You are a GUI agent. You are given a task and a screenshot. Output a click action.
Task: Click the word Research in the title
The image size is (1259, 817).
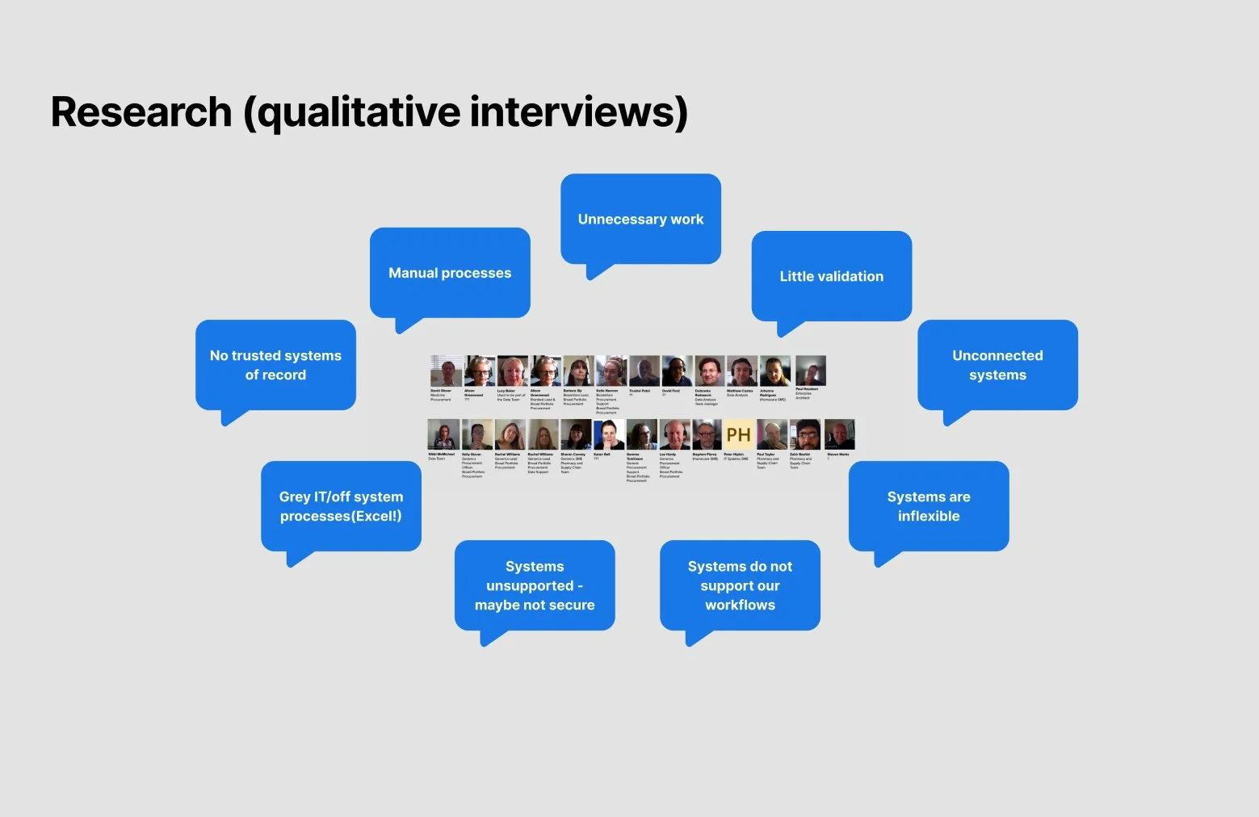[x=141, y=111]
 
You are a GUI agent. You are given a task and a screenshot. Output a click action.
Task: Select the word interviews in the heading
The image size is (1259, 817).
[x=578, y=111]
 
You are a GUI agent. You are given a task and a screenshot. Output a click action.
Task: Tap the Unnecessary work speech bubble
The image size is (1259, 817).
[x=640, y=219]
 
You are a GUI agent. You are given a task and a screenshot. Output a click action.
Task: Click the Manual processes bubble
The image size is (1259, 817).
[x=450, y=273]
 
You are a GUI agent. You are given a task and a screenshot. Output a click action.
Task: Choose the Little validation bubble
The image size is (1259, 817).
[x=831, y=276]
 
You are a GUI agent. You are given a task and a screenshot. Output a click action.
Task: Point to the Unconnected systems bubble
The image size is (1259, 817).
[x=997, y=365]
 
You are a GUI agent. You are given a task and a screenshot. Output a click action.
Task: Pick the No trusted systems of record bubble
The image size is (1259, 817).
[x=275, y=365]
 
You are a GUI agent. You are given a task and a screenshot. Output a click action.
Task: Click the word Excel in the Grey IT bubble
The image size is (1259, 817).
[x=379, y=517]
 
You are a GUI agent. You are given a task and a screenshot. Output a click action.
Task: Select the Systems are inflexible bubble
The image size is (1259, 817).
[x=929, y=506]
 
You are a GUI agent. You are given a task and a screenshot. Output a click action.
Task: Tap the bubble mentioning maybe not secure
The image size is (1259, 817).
[x=535, y=586]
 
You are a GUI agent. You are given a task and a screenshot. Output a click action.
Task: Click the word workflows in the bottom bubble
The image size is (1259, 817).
[x=740, y=605]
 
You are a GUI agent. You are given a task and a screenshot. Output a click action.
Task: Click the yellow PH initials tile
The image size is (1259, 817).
[x=738, y=434]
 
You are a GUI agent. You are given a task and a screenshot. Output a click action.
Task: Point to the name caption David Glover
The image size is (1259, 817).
[x=441, y=391]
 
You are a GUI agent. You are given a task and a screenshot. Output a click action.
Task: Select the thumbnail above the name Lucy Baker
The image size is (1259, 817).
[x=512, y=371]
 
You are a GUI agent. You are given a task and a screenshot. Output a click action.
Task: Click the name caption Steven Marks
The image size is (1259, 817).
[x=838, y=455]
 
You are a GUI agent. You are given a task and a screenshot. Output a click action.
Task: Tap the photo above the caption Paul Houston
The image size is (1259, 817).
[x=810, y=371]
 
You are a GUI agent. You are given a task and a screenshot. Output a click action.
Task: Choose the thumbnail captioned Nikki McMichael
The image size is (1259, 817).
[x=443, y=434]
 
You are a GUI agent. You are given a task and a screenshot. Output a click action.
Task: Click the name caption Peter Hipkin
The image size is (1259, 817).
[x=733, y=455]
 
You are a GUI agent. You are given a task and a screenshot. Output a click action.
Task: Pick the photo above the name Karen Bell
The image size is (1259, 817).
[x=608, y=434]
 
